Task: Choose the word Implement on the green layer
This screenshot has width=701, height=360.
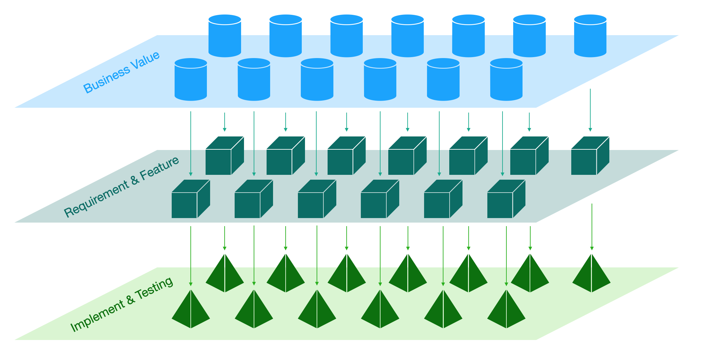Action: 97,316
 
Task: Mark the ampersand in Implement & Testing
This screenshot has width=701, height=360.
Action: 130,300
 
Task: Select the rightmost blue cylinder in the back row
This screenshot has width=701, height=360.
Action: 590,36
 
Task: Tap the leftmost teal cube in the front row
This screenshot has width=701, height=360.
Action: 190,199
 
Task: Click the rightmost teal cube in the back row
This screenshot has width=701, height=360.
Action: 590,156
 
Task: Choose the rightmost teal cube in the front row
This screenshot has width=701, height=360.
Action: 506,199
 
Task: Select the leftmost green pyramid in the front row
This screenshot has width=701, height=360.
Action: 191,310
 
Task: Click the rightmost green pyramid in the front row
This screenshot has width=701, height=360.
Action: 506,310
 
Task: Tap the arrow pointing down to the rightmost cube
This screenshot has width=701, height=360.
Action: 590,110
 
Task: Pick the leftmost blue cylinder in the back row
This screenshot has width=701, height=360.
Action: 225,36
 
